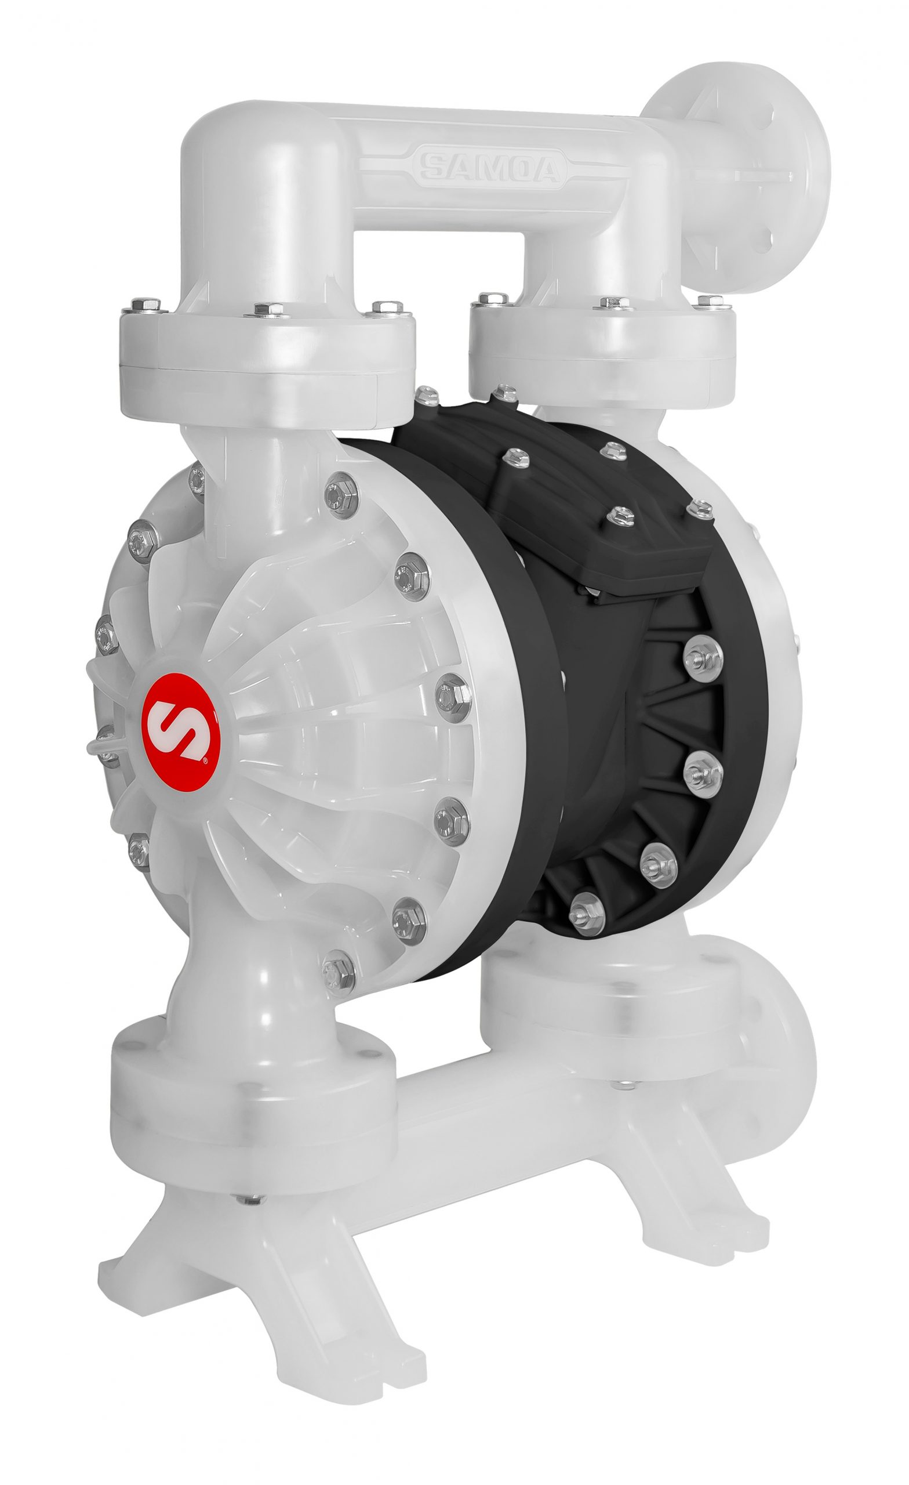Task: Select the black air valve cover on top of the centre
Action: pyautogui.click(x=608, y=530)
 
